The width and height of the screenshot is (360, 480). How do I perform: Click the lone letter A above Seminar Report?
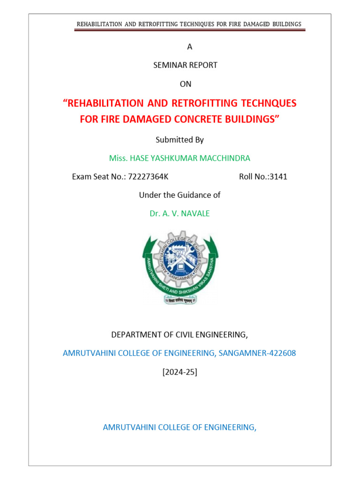click(189, 47)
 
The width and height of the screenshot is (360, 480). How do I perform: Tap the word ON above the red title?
click(186, 84)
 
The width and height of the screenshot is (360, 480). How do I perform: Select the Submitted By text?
click(180, 140)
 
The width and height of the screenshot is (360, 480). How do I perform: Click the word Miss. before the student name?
click(118, 158)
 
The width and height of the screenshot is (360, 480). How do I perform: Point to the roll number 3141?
click(277, 177)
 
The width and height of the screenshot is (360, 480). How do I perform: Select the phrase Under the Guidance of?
click(180, 195)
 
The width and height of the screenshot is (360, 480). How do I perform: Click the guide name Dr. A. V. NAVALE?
click(180, 214)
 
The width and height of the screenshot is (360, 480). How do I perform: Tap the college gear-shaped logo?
click(180, 266)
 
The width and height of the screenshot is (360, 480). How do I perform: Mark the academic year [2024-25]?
click(180, 372)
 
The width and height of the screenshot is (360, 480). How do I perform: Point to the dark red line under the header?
click(190, 30)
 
